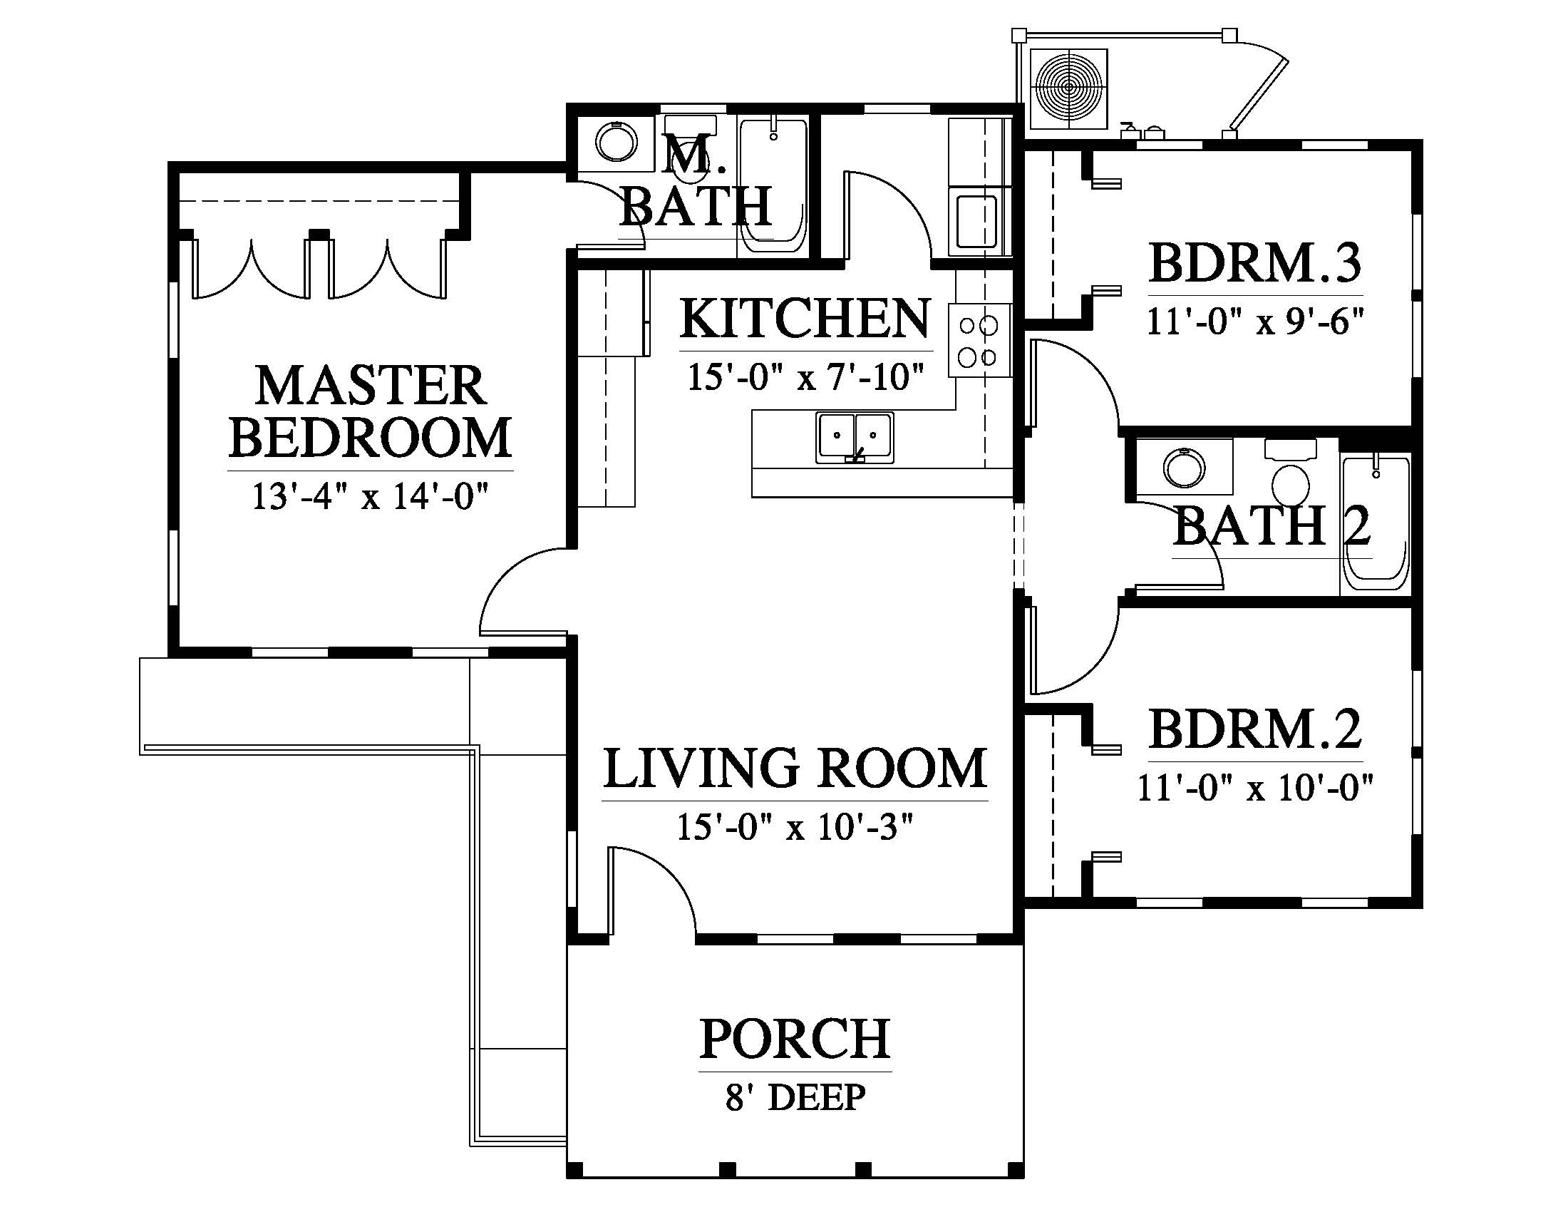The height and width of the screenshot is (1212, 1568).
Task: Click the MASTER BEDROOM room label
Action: tap(371, 411)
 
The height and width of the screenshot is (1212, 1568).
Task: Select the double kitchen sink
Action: tap(855, 437)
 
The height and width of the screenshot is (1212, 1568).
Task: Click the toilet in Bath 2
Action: tap(1290, 474)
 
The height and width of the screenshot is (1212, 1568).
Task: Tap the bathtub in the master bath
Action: tap(773, 186)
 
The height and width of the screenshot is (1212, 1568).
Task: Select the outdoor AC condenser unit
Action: tap(1069, 89)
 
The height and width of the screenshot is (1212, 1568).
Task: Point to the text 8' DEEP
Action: tap(795, 1098)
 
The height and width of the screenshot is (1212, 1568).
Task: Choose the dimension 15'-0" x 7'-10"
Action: tap(805, 377)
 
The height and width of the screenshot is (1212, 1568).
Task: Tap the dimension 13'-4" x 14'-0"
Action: tap(371, 496)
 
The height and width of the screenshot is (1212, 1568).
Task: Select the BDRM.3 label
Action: tap(1255, 264)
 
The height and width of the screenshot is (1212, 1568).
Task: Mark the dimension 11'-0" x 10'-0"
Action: tap(1255, 788)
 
